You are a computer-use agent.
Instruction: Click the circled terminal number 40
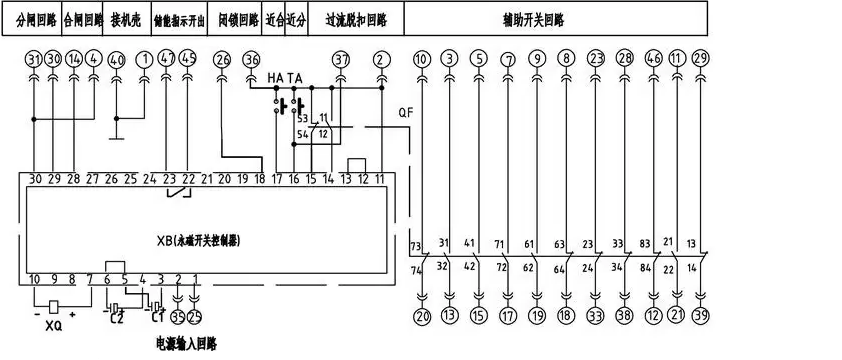[x=116, y=60]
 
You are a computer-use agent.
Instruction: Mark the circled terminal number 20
[x=421, y=316]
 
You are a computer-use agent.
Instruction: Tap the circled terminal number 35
[x=178, y=318]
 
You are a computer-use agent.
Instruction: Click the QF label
[x=405, y=113]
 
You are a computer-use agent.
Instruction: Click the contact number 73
[x=415, y=245]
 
